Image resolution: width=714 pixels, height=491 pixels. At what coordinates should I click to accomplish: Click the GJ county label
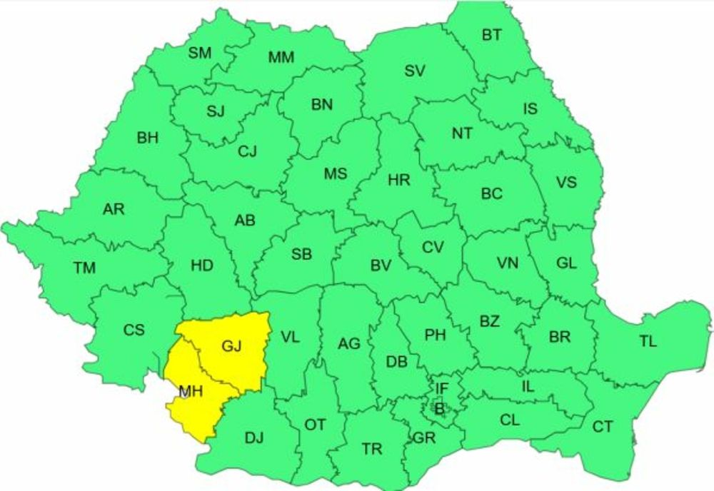232,347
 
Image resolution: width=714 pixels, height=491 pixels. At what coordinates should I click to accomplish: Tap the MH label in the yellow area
189,391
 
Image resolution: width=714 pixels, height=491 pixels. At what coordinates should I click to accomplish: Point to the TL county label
648,342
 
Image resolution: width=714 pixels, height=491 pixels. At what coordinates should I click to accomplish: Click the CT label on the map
603,427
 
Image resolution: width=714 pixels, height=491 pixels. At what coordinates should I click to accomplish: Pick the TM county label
84,268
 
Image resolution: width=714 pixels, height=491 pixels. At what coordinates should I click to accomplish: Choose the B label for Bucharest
439,409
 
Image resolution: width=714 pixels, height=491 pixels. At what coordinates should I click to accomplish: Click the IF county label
442,388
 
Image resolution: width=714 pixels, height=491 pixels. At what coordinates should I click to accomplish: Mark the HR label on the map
399,180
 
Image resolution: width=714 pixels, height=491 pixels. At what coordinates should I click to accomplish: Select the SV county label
415,71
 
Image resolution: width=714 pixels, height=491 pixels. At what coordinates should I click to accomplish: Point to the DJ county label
254,438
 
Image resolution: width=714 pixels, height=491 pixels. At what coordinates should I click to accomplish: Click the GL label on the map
566,263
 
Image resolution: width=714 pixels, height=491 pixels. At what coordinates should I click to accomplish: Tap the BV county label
381,265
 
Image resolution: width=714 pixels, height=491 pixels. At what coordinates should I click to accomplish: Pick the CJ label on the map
247,151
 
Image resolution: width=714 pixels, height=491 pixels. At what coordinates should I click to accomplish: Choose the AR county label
114,209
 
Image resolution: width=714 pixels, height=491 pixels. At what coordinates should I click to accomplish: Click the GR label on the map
424,438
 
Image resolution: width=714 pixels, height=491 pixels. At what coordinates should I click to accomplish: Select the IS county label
530,108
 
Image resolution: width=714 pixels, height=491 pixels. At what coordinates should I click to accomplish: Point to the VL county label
290,337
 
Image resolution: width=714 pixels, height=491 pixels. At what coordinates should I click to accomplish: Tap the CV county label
432,248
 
